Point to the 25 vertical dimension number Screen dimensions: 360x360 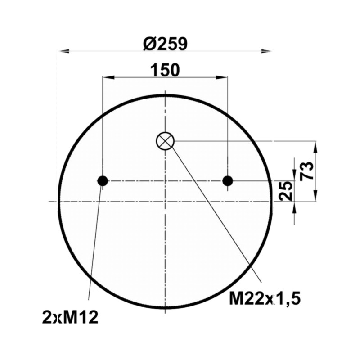(285, 191)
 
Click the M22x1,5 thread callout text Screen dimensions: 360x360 (265, 298)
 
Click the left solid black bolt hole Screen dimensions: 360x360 (103, 181)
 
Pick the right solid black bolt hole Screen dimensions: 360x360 (228, 181)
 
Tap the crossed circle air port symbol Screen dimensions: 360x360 (165, 141)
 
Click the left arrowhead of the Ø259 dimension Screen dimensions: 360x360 (63, 51)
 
